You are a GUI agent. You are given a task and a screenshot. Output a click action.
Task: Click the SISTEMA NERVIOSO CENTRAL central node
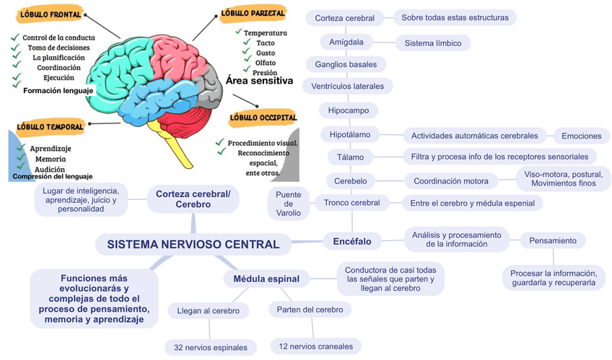point(193,245)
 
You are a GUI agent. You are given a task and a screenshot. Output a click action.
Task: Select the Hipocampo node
point(348,110)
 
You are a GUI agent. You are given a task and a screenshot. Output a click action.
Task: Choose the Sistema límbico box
point(433,43)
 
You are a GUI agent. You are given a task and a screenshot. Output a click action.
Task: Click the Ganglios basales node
point(346,64)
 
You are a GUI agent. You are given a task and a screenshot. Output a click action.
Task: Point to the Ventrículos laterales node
point(348,87)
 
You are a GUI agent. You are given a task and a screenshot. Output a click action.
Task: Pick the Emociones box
point(581,136)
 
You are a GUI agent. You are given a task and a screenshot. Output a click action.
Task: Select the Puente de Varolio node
point(288,203)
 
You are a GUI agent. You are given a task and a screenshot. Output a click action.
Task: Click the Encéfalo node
point(352,242)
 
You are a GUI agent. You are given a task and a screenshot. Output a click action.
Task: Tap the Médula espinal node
point(261,278)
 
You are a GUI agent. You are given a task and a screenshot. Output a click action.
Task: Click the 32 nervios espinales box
point(211,348)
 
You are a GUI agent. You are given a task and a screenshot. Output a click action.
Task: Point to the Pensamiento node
point(553,240)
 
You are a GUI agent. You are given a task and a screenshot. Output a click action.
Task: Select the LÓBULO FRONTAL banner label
point(50,14)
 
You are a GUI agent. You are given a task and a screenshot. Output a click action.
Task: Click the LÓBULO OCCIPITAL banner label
point(263,117)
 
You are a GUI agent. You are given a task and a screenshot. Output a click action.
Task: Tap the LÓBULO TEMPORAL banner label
point(51,126)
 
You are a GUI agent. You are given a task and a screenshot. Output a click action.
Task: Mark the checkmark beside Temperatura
point(238,32)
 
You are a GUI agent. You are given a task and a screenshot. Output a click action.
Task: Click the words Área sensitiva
point(259,82)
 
